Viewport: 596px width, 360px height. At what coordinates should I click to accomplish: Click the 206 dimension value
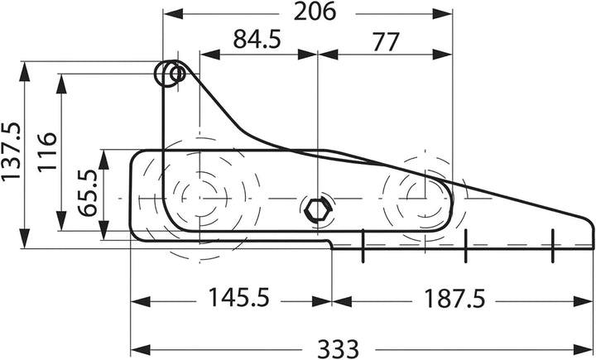(315, 12)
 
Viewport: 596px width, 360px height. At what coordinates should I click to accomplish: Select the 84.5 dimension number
(257, 40)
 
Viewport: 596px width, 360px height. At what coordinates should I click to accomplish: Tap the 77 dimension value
(386, 42)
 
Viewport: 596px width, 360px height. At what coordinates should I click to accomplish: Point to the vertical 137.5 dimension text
(11, 151)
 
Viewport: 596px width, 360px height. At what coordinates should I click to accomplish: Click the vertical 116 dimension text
(47, 152)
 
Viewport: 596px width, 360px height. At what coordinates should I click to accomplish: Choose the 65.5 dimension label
(88, 193)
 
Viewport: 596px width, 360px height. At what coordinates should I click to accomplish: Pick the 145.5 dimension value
(238, 297)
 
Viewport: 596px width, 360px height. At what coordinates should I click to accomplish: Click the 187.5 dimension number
(454, 299)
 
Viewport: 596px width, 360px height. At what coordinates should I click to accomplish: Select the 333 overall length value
(338, 348)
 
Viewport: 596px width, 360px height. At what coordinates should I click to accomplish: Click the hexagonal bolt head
(317, 210)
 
